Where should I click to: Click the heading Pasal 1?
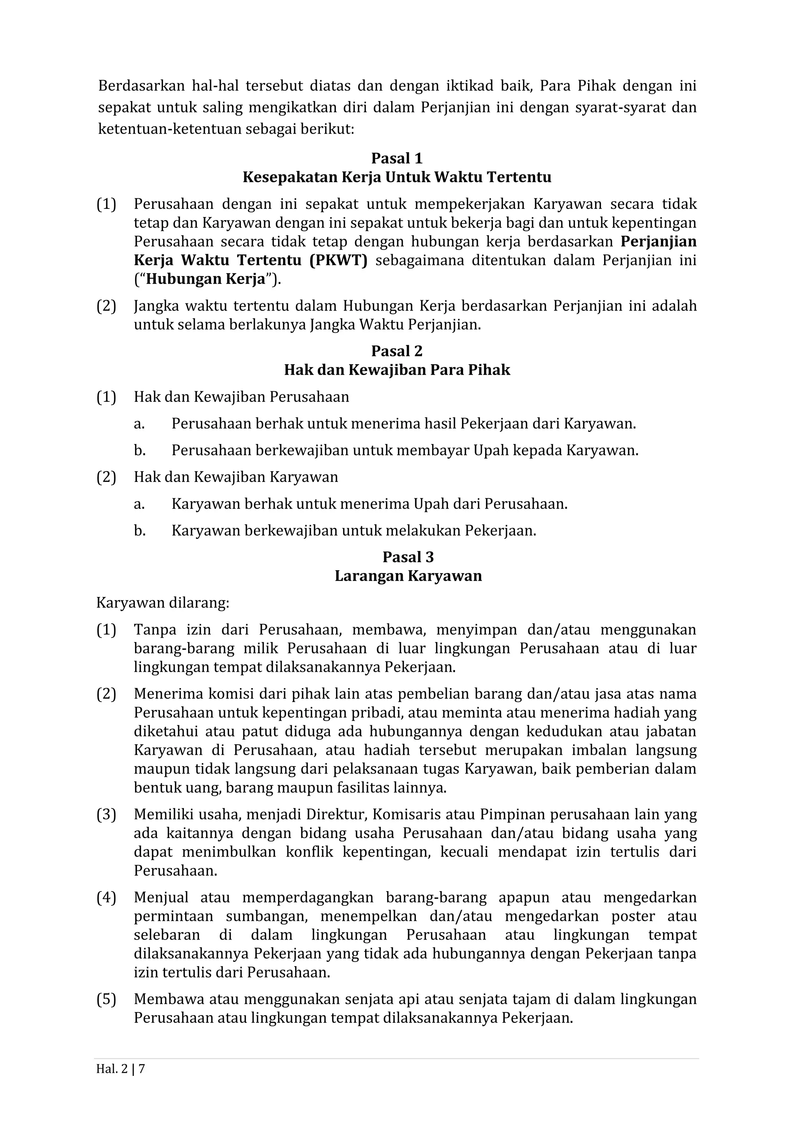pos(396,158)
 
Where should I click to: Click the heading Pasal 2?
pos(396,351)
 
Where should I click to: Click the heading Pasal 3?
pos(408,557)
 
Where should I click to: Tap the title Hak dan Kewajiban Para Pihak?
pos(396,370)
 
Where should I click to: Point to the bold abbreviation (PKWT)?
pos(338,260)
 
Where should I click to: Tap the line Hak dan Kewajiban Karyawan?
pos(236,477)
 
